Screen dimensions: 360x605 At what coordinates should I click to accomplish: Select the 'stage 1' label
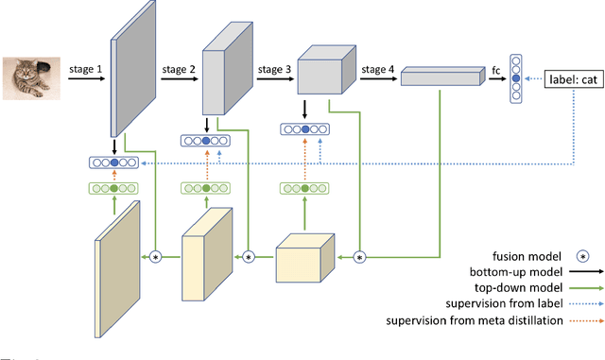pyautogui.click(x=86, y=69)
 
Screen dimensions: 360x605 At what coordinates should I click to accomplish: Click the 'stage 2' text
pyautogui.click(x=180, y=69)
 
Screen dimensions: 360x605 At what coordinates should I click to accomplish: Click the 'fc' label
pyautogui.click(x=496, y=69)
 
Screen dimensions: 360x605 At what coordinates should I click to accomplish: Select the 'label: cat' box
pyautogui.click(x=573, y=79)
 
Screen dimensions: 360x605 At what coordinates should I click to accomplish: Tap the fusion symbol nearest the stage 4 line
pyautogui.click(x=359, y=256)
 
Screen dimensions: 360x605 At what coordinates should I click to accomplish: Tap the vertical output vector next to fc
pyautogui.click(x=515, y=78)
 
